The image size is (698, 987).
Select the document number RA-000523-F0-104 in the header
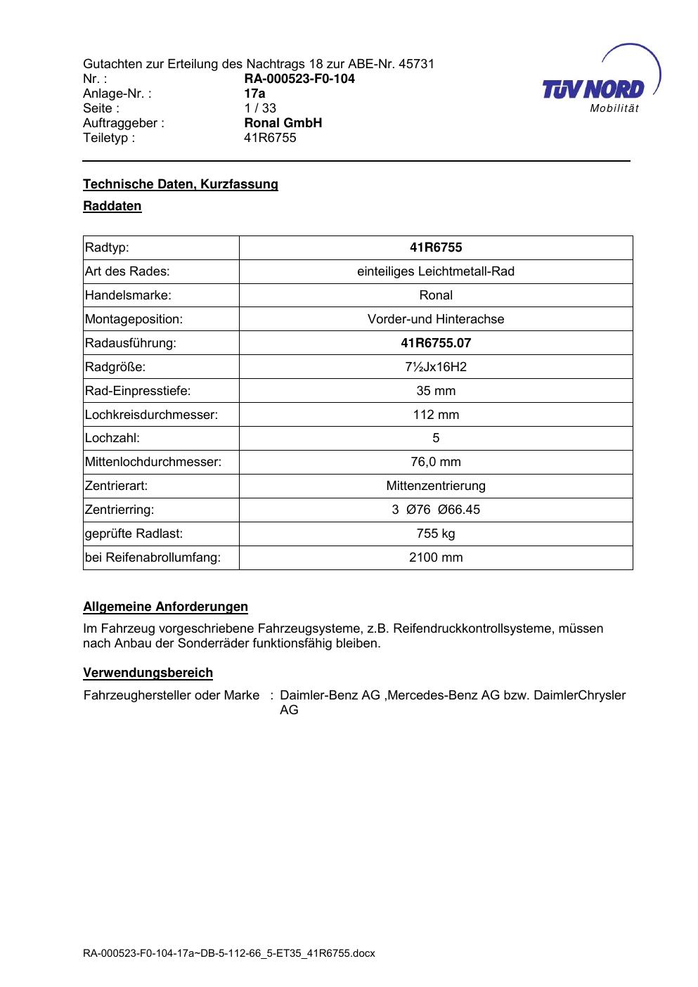click(x=299, y=79)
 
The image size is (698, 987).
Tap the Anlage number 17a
click(x=254, y=93)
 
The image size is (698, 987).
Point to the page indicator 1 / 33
click(x=260, y=108)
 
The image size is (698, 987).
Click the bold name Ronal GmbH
click(x=283, y=123)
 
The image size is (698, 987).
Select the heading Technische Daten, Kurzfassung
click(x=181, y=184)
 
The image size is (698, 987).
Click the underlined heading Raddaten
click(x=112, y=206)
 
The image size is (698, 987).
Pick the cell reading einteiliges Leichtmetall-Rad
click(x=436, y=271)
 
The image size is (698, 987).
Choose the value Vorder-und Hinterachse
click(x=436, y=319)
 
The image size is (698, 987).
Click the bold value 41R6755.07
click(x=436, y=343)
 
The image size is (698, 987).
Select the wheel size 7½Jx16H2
click(x=436, y=367)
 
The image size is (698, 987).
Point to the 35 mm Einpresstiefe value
click(x=436, y=391)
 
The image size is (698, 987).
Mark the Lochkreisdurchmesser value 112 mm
click(x=436, y=415)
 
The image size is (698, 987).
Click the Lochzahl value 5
click(x=436, y=438)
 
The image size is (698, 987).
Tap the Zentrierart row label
click(x=116, y=486)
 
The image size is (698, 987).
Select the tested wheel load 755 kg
click(x=436, y=534)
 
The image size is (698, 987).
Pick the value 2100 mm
click(x=436, y=557)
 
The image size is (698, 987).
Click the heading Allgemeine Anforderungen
click(x=165, y=607)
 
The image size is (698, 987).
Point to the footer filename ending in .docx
click(x=229, y=954)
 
